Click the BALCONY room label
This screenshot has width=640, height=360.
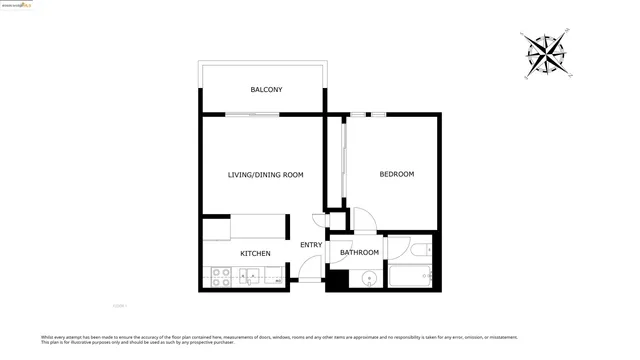click(265, 90)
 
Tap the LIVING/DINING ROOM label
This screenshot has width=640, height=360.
click(265, 175)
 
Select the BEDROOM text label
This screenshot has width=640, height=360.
click(396, 174)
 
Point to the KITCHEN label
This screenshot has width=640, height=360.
click(255, 253)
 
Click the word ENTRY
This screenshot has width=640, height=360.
click(311, 245)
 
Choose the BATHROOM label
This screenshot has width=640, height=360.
click(359, 253)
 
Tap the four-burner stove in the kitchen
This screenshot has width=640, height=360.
click(219, 278)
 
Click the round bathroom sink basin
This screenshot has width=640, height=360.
click(368, 279)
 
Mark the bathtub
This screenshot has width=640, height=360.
click(410, 277)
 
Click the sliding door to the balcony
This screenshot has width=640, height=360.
click(252, 114)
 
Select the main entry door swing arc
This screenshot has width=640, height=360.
click(311, 268)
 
